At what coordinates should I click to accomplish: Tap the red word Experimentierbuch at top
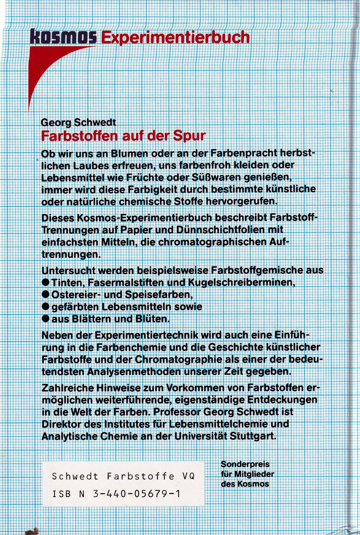click(x=175, y=37)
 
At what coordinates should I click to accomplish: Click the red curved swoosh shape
click(x=47, y=68)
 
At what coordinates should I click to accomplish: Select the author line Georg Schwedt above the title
click(x=78, y=122)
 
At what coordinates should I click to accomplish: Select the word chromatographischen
click(x=212, y=242)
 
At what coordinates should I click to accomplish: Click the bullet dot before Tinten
click(x=46, y=282)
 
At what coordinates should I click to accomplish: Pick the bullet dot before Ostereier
click(x=46, y=294)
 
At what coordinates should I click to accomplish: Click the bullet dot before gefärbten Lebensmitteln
click(x=46, y=306)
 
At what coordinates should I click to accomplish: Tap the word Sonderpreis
click(x=245, y=464)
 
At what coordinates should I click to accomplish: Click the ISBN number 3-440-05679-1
click(x=136, y=494)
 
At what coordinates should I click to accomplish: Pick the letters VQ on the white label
click(x=188, y=476)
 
